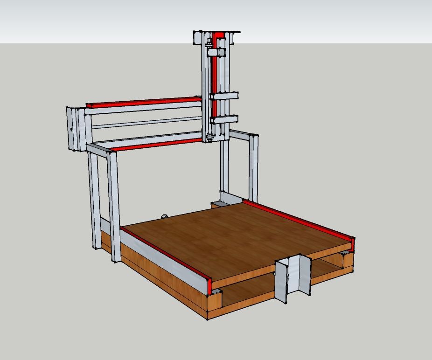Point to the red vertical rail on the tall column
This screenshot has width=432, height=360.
pyautogui.click(x=215, y=79)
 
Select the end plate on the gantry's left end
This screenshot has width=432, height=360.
pyautogui.click(x=72, y=129)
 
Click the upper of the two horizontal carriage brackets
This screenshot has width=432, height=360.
pyautogui.click(x=224, y=96)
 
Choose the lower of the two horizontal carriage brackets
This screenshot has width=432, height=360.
pyautogui.click(x=224, y=119)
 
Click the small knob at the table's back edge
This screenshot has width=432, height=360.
pyautogui.click(x=164, y=216)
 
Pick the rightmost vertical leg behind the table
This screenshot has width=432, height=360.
pyautogui.click(x=253, y=168)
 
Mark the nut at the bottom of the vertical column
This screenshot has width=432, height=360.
pyautogui.click(x=209, y=137)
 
